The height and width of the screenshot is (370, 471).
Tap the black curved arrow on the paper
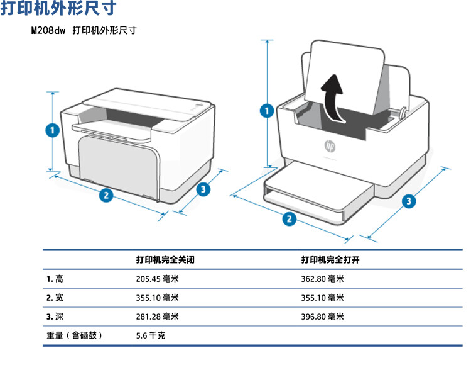click(332, 98)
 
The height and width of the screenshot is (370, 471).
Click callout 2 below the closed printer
click(106, 195)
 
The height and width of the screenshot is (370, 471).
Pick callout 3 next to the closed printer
click(203, 189)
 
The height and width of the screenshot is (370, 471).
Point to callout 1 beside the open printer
click(267, 111)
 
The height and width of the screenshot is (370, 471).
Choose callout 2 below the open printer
click(290, 219)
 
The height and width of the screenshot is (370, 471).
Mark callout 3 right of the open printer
click(409, 201)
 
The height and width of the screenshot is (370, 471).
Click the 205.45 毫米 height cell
click(157, 279)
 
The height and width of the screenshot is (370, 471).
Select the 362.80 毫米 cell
click(322, 279)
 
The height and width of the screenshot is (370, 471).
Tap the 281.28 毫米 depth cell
click(157, 317)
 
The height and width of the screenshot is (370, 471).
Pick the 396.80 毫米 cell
click(322, 317)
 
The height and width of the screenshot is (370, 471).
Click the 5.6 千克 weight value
click(151, 335)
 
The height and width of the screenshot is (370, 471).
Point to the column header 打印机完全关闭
click(170, 260)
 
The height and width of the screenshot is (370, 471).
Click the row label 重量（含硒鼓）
click(73, 335)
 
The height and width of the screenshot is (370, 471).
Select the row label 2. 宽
click(55, 298)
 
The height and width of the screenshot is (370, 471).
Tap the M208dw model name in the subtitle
click(48, 30)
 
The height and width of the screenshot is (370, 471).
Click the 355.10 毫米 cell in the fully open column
click(322, 298)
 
